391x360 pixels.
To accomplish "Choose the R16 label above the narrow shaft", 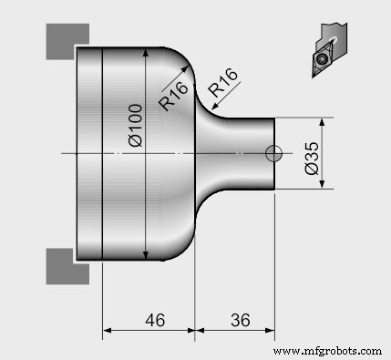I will click(x=224, y=88).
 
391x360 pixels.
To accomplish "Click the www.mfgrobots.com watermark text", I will click(x=327, y=351).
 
